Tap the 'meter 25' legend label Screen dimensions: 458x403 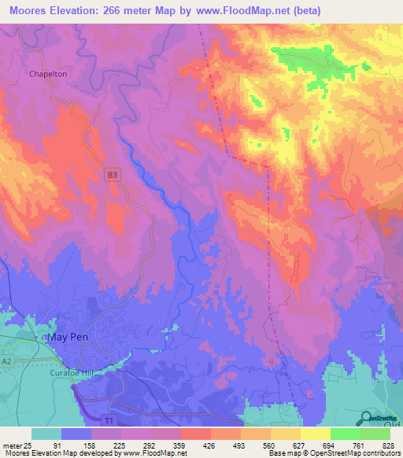pyautogui.click(x=16, y=445)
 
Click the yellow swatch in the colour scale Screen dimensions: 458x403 pyautogui.click(x=315, y=434)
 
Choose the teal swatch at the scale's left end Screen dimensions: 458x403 pyautogui.click(x=46, y=434)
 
